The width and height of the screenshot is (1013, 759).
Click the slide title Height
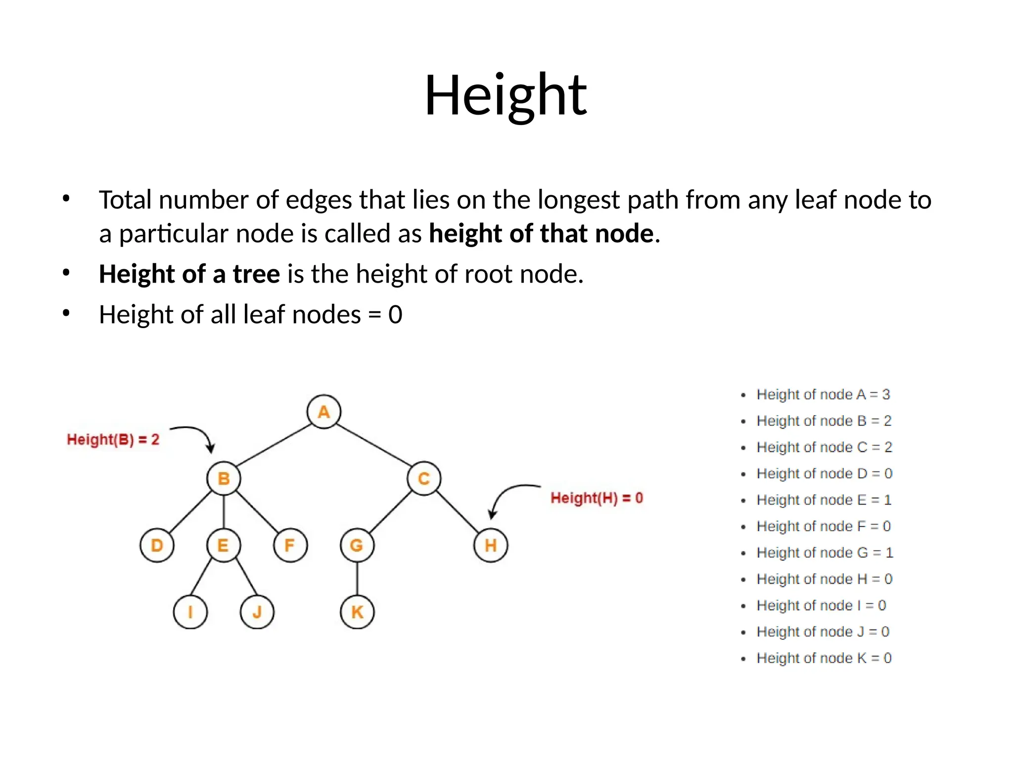click(506, 95)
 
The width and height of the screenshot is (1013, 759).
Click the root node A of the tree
click(323, 412)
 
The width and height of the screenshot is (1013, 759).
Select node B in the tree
click(224, 478)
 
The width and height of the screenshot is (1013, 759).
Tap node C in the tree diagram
click(424, 478)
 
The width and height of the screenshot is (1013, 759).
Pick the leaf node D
click(157, 546)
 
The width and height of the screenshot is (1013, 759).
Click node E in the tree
click(224, 546)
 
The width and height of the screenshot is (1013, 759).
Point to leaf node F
click(290, 546)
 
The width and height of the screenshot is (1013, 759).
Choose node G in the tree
click(357, 546)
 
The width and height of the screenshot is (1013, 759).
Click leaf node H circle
click(491, 546)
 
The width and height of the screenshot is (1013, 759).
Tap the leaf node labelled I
click(190, 612)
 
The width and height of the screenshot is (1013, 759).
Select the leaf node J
click(257, 612)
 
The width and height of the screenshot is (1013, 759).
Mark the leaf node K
click(357, 612)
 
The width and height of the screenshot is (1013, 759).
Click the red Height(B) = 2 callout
click(113, 439)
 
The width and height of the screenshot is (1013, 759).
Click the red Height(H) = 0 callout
click(597, 498)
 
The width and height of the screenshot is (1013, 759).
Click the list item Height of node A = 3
click(823, 394)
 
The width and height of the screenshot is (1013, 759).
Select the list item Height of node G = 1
click(825, 552)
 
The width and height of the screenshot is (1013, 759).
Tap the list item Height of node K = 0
click(824, 658)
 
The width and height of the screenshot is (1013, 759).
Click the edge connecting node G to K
click(357, 579)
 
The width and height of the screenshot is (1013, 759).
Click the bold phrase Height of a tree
click(189, 274)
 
